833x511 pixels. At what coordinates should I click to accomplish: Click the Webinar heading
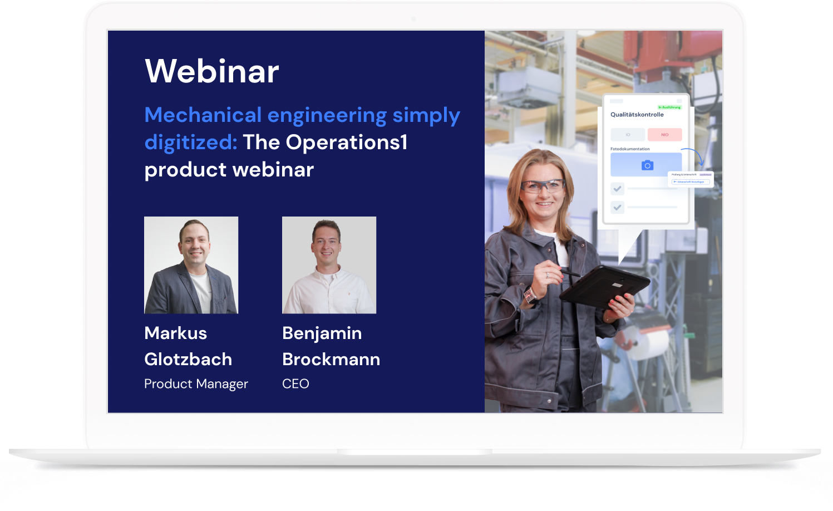coord(211,71)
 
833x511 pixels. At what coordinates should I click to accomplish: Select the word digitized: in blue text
coord(191,143)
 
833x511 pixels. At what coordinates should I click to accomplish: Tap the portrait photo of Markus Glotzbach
coord(191,265)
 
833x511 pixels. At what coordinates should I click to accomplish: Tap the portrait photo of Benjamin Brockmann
coord(329,265)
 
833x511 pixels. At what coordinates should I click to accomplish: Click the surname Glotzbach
coord(188,359)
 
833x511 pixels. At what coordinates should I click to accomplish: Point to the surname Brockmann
coord(331,359)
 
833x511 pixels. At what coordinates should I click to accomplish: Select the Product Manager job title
coord(196,384)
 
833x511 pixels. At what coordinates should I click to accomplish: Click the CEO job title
coord(295,384)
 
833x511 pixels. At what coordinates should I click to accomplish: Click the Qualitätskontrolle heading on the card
coord(637,115)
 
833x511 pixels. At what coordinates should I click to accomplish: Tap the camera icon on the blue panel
coord(647,165)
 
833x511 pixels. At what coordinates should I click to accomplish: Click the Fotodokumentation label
coord(630,149)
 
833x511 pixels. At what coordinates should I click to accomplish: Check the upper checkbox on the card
coord(617,189)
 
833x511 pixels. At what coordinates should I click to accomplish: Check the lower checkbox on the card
coord(617,207)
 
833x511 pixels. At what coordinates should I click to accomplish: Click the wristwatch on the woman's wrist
coord(529,293)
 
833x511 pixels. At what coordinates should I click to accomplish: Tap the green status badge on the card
coord(669,107)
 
